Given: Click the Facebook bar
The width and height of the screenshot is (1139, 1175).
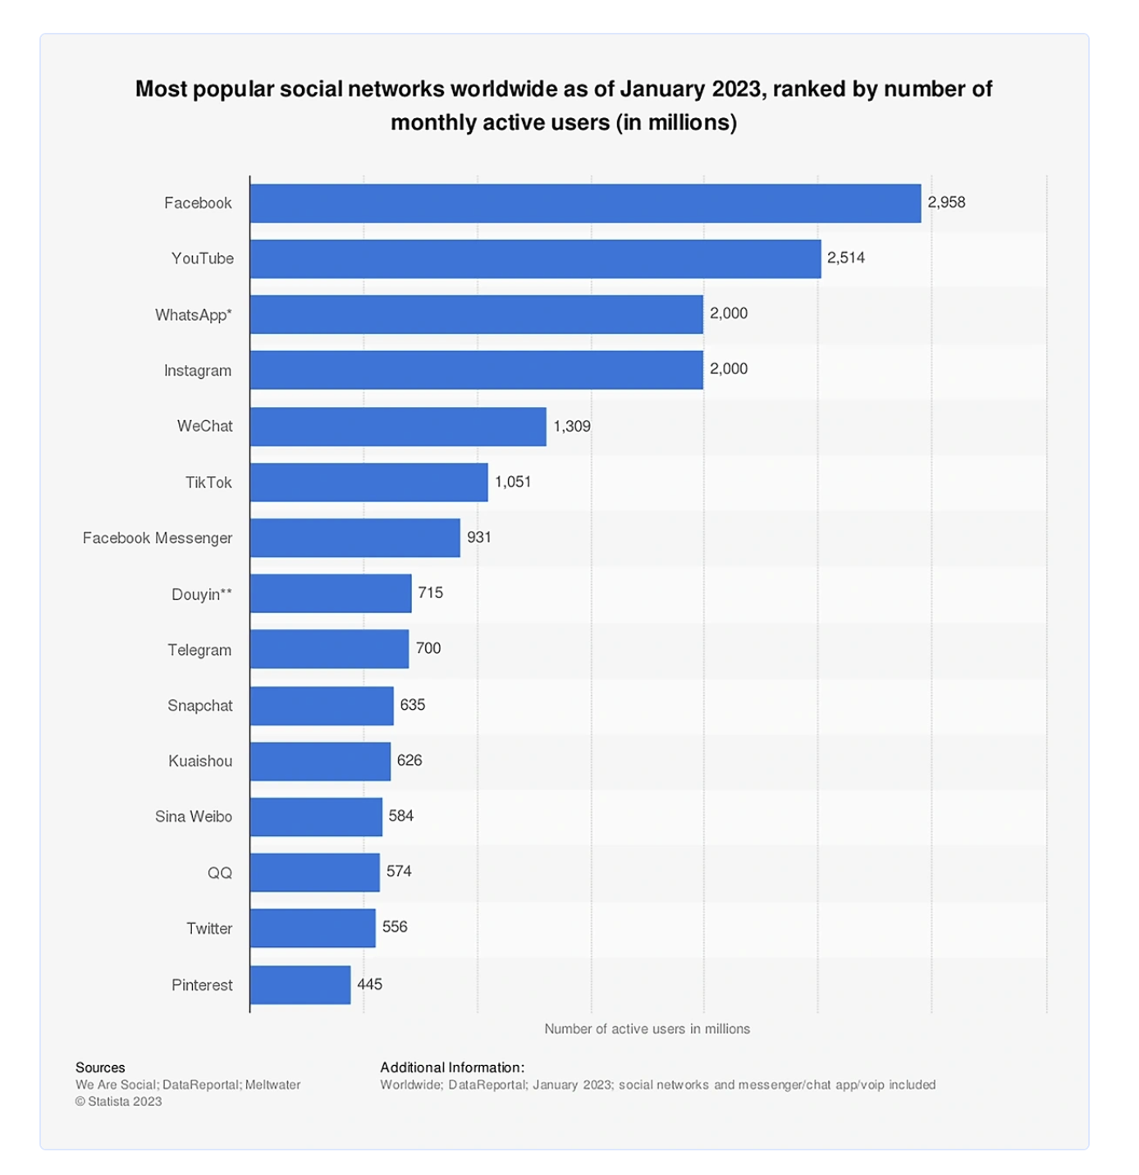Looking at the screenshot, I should [585, 203].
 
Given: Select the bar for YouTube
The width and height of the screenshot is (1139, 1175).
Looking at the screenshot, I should [535, 258].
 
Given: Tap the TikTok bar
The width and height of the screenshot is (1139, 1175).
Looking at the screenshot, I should [368, 482].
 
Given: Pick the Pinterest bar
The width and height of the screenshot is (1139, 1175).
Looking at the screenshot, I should [300, 985].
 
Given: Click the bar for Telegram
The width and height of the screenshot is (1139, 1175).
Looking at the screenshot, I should [329, 649].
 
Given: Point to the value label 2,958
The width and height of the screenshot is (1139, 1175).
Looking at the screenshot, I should [946, 202].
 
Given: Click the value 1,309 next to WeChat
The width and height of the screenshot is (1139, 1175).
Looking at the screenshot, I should [572, 426].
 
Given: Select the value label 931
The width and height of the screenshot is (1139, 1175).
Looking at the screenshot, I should [479, 537].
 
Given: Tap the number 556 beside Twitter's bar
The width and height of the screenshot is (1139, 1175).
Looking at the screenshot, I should [395, 927].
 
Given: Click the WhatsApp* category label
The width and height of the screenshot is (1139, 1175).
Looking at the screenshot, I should [194, 315].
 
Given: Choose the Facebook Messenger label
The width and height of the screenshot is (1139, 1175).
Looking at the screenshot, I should [158, 538].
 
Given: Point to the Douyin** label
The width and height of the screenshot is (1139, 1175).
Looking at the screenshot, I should [202, 594].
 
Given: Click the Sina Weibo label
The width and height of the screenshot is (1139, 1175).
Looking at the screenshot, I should [194, 816].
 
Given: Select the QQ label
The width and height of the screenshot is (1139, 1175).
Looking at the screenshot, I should [220, 873].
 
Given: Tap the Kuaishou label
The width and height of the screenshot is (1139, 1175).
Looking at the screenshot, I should [200, 761].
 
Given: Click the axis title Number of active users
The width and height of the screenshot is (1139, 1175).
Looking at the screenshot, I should [647, 1029].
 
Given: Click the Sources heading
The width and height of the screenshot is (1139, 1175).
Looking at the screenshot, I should [100, 1068].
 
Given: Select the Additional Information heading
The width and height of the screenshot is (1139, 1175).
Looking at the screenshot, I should [452, 1068].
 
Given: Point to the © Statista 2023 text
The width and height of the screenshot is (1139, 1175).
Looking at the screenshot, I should [119, 1102].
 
